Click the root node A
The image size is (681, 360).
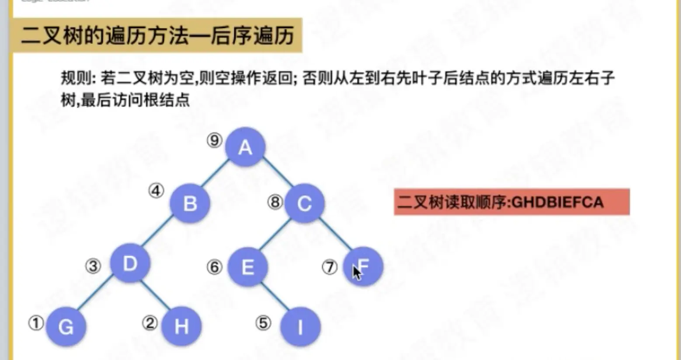[x=245, y=147]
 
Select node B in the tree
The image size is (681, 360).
[x=190, y=203]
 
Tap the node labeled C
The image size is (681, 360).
[x=304, y=203]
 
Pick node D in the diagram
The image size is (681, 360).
[x=130, y=263]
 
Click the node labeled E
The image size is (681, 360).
[x=247, y=267]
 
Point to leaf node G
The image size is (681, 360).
[x=66, y=326]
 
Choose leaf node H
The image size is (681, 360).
[x=181, y=326]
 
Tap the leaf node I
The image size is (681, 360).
[x=300, y=326]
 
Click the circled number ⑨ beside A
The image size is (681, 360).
[x=214, y=140]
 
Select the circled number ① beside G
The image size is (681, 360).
[x=36, y=323]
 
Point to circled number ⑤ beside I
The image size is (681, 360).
[x=263, y=323]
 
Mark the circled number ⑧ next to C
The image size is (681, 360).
[x=275, y=202]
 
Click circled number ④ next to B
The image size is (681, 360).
[x=156, y=190]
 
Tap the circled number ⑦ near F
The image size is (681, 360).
[x=330, y=267]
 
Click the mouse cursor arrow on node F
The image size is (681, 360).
[x=357, y=273]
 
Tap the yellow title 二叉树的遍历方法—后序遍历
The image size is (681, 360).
[x=157, y=35]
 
